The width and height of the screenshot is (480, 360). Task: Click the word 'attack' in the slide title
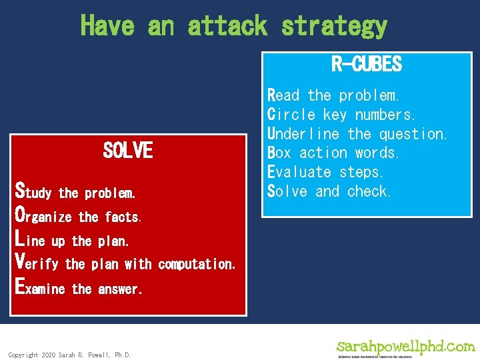pos(227,26)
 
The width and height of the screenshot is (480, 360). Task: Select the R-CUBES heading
pos(366,65)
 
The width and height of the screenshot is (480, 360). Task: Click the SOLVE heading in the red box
pos(128,151)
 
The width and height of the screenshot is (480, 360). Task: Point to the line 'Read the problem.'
pos(333,95)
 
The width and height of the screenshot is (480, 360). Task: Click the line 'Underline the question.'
pos(357,134)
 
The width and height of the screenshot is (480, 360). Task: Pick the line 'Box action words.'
pos(333,153)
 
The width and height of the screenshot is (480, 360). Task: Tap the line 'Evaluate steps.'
pos(326,172)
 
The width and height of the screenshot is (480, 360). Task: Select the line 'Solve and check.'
pos(329,191)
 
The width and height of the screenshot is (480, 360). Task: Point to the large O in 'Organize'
pos(21,215)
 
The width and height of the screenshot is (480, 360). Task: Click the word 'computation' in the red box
pos(196,264)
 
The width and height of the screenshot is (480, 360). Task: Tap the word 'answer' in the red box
pos(119,289)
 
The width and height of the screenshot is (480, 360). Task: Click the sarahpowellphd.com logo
pos(405,348)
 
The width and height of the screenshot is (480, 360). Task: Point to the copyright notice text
pos(69,355)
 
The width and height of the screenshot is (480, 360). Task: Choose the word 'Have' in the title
pos(107,26)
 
